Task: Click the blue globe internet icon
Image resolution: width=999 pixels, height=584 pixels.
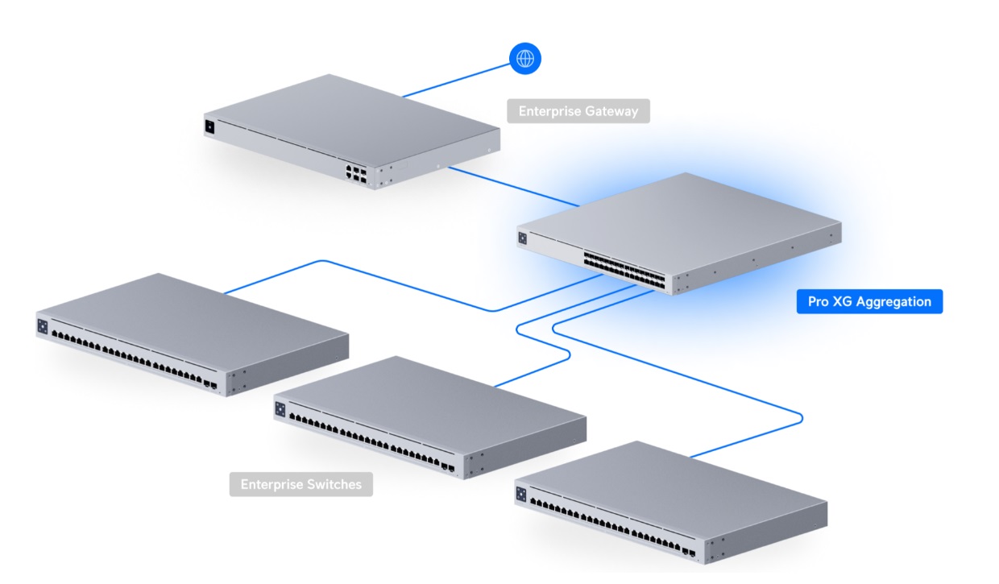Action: [x=525, y=58]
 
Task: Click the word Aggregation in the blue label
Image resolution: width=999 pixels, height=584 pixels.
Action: [x=893, y=302]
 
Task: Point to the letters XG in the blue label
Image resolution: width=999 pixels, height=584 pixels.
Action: [x=844, y=302]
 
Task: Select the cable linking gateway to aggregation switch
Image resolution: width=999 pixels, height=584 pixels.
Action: [x=516, y=187]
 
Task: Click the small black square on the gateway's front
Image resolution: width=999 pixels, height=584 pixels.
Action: [x=210, y=126]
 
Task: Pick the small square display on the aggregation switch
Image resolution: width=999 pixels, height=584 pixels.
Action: [x=523, y=238]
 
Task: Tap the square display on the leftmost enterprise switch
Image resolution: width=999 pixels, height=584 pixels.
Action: [x=43, y=326]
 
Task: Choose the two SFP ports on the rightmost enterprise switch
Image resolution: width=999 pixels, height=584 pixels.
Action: [x=688, y=553]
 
